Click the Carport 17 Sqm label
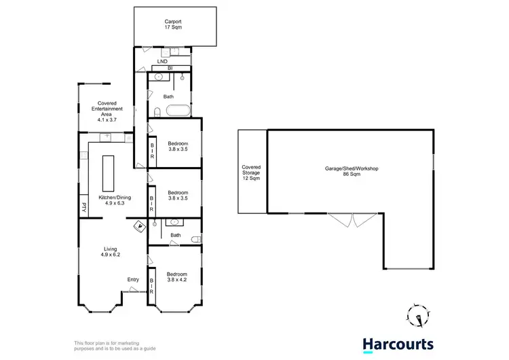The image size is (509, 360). tap(176, 25)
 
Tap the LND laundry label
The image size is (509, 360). tap(162, 62)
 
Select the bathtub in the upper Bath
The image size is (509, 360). tap(178, 111)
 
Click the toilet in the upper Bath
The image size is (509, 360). tap(155, 112)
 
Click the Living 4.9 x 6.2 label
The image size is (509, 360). tap(111, 251)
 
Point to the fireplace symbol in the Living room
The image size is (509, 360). tap(140, 226)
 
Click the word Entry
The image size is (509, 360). tap(134, 279)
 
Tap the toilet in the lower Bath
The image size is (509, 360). tap(195, 238)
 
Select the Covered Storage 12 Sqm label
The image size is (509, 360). tap(251, 173)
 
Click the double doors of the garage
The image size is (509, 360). tap(354, 220)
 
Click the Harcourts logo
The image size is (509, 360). tap(398, 345)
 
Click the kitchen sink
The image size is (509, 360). tap(107, 138)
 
